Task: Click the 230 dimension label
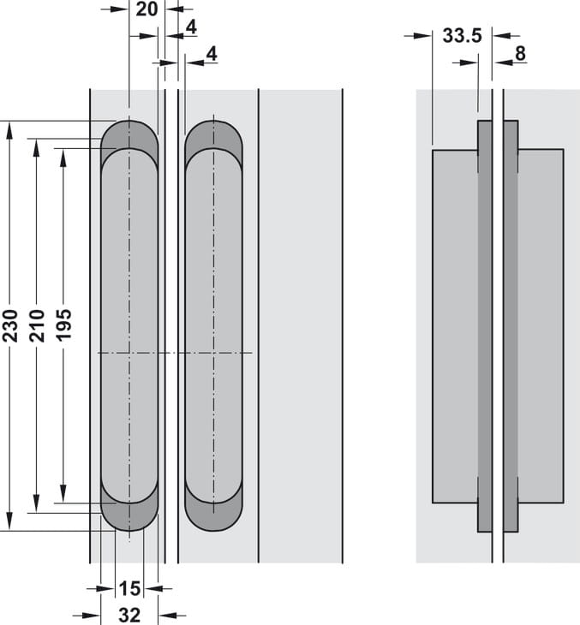click(x=10, y=325)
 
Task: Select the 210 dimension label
click(x=37, y=325)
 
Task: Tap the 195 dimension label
click(x=63, y=325)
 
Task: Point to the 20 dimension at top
click(x=146, y=9)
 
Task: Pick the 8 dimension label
click(x=520, y=54)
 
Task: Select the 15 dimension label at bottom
click(x=129, y=589)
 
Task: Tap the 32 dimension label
click(x=129, y=615)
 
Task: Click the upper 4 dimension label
click(x=190, y=27)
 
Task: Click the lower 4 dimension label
click(x=212, y=53)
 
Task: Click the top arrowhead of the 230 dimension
click(x=10, y=128)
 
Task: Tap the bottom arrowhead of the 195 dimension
click(x=63, y=497)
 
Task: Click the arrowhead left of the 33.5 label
click(x=426, y=35)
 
